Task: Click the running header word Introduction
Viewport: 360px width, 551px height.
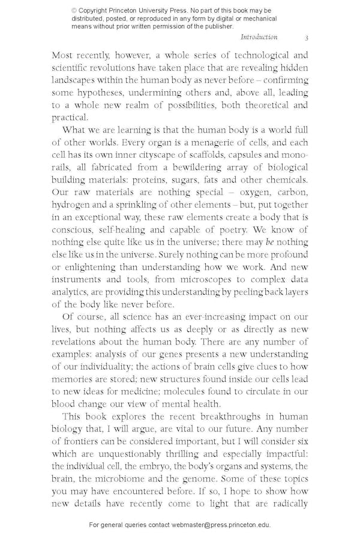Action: (259, 37)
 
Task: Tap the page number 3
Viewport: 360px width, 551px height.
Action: (306, 37)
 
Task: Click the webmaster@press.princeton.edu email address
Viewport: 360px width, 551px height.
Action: (221, 525)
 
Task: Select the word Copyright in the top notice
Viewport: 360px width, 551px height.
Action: (97, 10)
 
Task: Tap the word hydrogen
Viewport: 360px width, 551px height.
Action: (71, 205)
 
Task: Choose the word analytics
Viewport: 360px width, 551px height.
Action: (72, 292)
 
